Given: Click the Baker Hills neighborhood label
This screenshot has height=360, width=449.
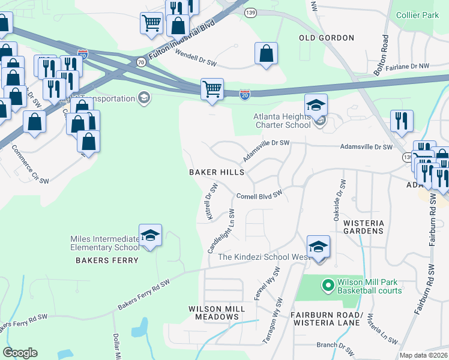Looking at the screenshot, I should pyautogui.click(x=217, y=172).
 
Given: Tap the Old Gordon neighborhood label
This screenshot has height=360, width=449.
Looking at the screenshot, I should pyautogui.click(x=327, y=38).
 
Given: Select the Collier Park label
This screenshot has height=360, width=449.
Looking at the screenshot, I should pyautogui.click(x=417, y=15).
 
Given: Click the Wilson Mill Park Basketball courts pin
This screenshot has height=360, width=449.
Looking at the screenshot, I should pyautogui.click(x=327, y=285).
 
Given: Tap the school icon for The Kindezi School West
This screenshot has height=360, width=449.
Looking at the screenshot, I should pyautogui.click(x=318, y=247).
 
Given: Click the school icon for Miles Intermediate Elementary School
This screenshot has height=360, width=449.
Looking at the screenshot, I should pyautogui.click(x=150, y=235).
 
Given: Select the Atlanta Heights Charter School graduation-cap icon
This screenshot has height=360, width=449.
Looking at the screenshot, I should pyautogui.click(x=316, y=105).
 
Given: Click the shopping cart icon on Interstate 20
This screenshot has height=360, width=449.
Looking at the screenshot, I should pyautogui.click(x=212, y=89).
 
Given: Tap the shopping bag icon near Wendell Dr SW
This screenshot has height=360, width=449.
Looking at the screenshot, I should pyautogui.click(x=266, y=53).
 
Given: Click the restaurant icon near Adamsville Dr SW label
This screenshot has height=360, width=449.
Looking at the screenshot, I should pyautogui.click(x=402, y=121).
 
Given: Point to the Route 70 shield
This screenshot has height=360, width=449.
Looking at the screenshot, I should pyautogui.click(x=140, y=61).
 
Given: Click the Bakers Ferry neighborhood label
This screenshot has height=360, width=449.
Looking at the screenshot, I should pyautogui.click(x=107, y=260).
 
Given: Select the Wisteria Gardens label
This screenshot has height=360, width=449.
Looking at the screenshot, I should pyautogui.click(x=363, y=226).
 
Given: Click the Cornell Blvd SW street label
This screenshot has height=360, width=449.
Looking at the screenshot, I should pyautogui.click(x=259, y=196).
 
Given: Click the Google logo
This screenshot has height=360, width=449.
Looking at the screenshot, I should pyautogui.click(x=20, y=352).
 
